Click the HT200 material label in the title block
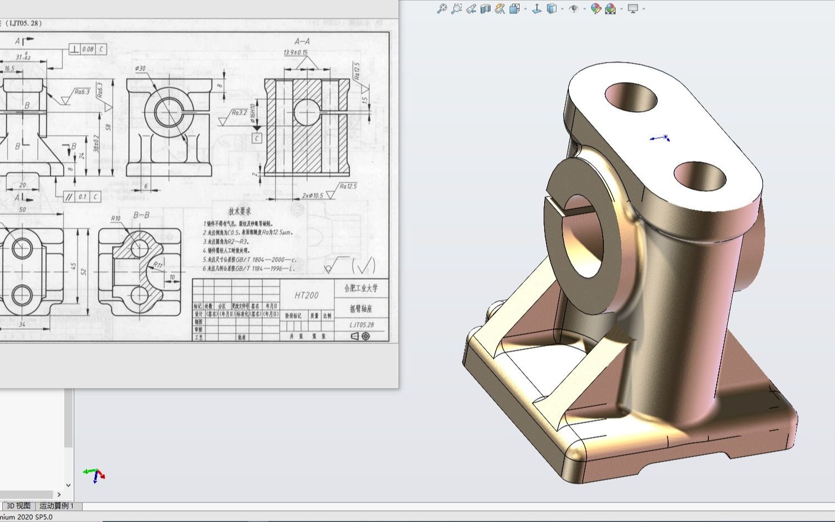(306, 295)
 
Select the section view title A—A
(302, 41)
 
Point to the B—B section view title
(141, 215)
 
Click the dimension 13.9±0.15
(296, 52)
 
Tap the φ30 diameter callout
(140, 69)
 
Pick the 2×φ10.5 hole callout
(313, 195)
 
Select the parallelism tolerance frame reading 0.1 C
(82, 197)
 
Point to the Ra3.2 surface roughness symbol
(238, 113)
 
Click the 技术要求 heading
(239, 212)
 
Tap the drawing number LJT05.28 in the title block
(362, 324)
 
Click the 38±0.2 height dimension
(97, 144)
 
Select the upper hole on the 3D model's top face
(631, 97)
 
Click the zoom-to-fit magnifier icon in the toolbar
(442, 8)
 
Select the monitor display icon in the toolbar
(633, 8)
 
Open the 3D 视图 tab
(18, 506)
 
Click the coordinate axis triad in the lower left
(94, 475)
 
